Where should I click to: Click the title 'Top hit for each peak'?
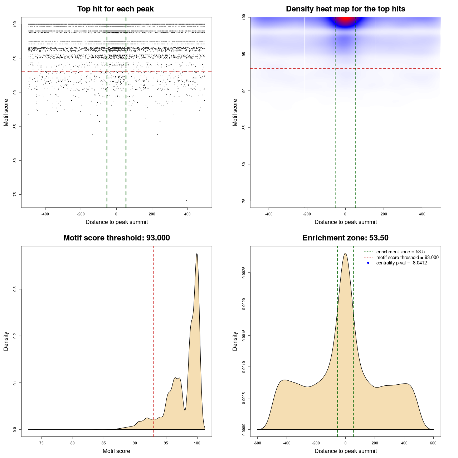tap(116, 9)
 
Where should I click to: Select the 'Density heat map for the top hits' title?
tap(345, 9)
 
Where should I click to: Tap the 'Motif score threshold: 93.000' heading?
tap(116, 238)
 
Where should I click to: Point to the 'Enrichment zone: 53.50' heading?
tap(345, 238)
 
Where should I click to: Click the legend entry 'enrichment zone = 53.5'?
tap(400, 252)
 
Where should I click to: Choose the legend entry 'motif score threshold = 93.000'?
tap(407, 257)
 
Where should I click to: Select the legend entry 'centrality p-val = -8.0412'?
tap(401, 263)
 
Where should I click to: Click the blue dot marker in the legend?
tap(368, 263)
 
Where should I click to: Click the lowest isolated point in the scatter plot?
tap(186, 200)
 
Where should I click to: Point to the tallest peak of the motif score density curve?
tap(197, 254)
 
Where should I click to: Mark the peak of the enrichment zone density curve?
tap(345, 253)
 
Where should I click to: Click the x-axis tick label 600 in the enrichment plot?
tap(433, 443)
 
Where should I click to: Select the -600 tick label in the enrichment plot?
tap(257, 443)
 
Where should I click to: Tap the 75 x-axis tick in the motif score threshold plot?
tap(42, 443)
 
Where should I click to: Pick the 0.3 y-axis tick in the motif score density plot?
tap(15, 289)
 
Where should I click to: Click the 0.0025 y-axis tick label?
tap(244, 273)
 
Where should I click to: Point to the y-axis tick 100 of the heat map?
tap(244, 17)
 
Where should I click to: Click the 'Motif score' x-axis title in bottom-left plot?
tap(116, 451)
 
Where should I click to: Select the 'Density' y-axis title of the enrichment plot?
tap(235, 341)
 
